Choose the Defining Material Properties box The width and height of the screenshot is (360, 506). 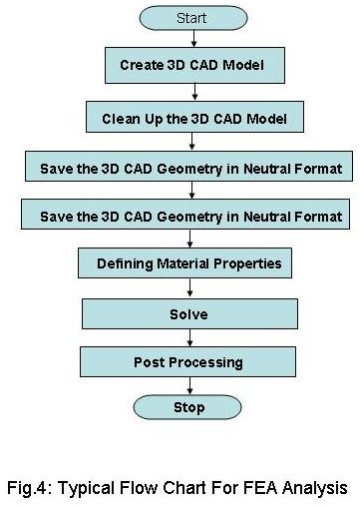tap(187, 263)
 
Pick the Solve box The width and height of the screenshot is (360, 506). tap(187, 313)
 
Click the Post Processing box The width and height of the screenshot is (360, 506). tap(187, 361)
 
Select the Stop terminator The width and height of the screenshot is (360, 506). tap(187, 406)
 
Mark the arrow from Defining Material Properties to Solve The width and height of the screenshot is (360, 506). tap(187, 288)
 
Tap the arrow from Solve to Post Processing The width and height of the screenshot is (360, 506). tap(187, 337)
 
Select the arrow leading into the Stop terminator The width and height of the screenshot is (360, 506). tap(187, 385)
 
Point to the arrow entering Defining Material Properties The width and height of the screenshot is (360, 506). tap(187, 240)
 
